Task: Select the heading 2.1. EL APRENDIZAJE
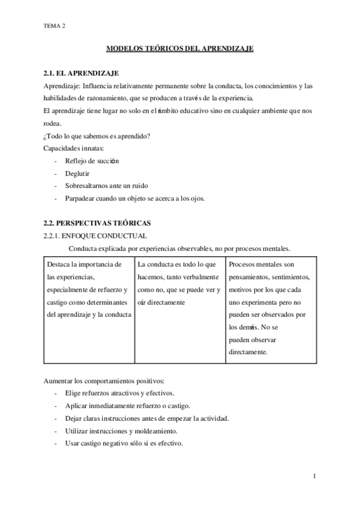click(82, 73)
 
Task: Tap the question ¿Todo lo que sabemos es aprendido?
click(97, 135)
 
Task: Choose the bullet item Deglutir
click(79, 173)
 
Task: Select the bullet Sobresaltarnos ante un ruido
click(106, 186)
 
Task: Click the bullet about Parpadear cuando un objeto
click(134, 199)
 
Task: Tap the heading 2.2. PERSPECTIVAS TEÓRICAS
click(99, 223)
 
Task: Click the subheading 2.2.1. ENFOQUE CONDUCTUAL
click(95, 236)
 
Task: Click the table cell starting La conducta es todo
click(179, 283)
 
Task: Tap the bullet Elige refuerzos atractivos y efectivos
click(119, 394)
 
